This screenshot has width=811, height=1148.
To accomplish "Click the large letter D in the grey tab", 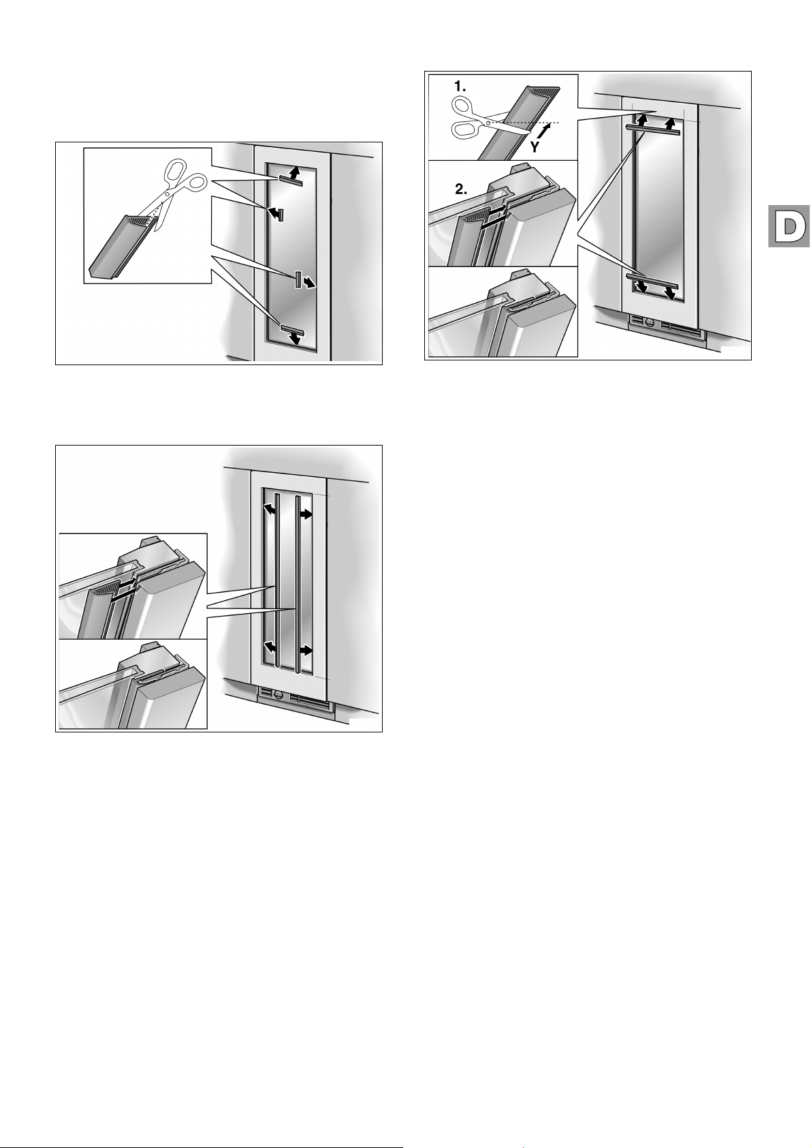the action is point(789,226).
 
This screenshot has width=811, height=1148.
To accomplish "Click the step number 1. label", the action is point(460,87).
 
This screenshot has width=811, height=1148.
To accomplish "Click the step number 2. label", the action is point(461,189).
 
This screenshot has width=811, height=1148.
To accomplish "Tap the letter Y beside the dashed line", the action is point(534,148).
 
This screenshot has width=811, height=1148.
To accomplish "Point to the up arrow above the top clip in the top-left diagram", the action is point(294,171).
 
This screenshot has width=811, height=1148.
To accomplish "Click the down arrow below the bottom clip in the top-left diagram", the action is point(294,338).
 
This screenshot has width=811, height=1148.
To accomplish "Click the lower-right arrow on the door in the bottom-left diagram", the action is point(305,651).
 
